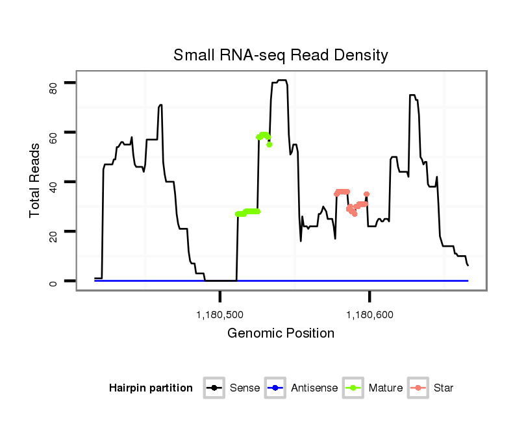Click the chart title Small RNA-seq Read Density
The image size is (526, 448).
coord(281,55)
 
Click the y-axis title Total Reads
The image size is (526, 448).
coord(36,180)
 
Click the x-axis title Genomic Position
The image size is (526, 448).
coord(281,334)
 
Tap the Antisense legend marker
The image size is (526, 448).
coord(275,388)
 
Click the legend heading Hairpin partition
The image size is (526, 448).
coord(151,388)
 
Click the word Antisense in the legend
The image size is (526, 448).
coord(314,388)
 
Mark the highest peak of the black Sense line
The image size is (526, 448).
coord(281,81)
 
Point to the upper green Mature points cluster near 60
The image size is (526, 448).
coord(264,136)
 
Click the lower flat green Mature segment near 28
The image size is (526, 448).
coord(248,212)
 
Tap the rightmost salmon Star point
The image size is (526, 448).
coord(367,194)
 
